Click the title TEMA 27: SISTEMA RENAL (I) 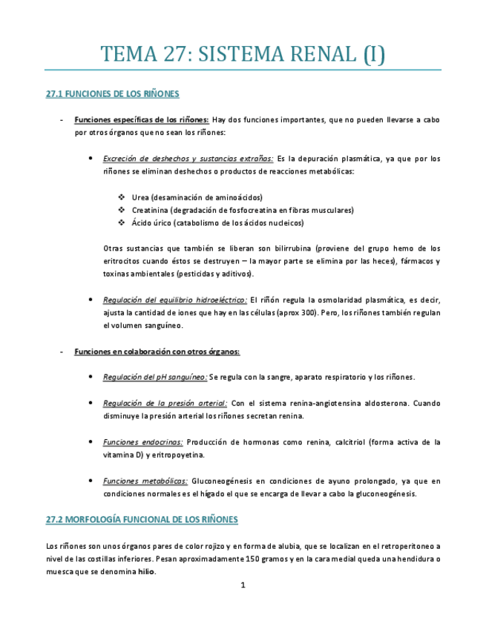pos(243,54)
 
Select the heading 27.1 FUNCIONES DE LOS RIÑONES pos(112,94)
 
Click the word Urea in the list pos(141,197)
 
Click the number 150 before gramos pos(258,559)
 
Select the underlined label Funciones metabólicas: pos(145,481)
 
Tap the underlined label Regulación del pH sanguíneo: pos(155,377)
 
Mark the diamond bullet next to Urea pos(122,197)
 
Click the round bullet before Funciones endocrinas pos(90,442)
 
